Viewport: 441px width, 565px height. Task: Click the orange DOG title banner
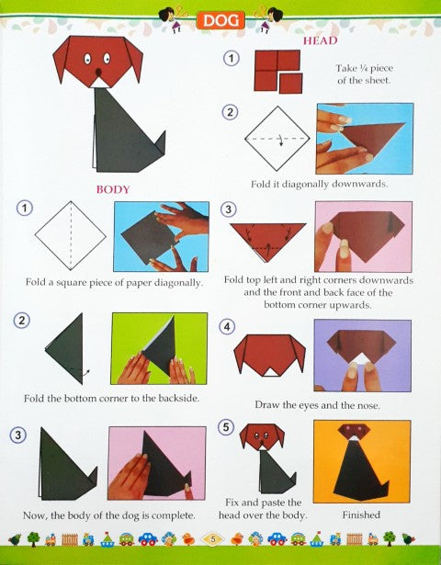pyautogui.click(x=220, y=20)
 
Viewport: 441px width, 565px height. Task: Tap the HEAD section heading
pyautogui.click(x=320, y=40)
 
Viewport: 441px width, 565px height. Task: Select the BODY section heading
pyautogui.click(x=113, y=189)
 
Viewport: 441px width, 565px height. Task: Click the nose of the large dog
pyautogui.click(x=98, y=73)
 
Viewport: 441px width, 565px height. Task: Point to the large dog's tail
pyautogui.click(x=160, y=144)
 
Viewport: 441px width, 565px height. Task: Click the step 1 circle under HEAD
pyautogui.click(x=231, y=59)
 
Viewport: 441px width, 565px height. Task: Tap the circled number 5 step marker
pyautogui.click(x=226, y=427)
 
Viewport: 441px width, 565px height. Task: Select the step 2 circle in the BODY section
pyautogui.click(x=22, y=321)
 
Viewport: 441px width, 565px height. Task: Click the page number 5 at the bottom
pyautogui.click(x=213, y=539)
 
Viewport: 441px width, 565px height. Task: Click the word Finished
pyautogui.click(x=361, y=514)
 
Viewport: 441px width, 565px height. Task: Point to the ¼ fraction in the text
pyautogui.click(x=364, y=68)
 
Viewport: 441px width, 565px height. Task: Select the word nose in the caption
pyautogui.click(x=367, y=405)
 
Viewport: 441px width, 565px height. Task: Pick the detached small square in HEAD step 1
pyautogui.click(x=290, y=84)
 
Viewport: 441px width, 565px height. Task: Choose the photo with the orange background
pyautogui.click(x=362, y=461)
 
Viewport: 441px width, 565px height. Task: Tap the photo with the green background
pyautogui.click(x=159, y=348)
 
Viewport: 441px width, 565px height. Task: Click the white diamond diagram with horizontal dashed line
pyautogui.click(x=277, y=139)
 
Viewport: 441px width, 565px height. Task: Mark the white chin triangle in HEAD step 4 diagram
pyautogui.click(x=271, y=372)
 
